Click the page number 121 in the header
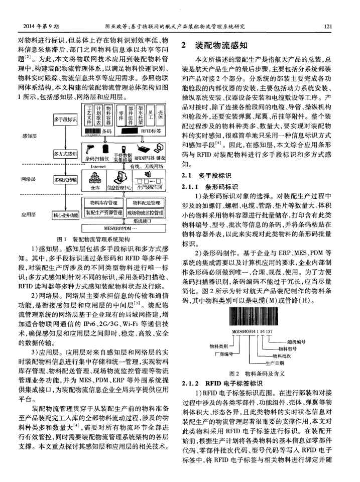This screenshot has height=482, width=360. pos(329,26)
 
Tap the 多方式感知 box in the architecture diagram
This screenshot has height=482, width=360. pos(65,153)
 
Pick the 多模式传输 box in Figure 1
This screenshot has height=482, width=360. pos(65,179)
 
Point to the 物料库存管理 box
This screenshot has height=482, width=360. pos(103,202)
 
